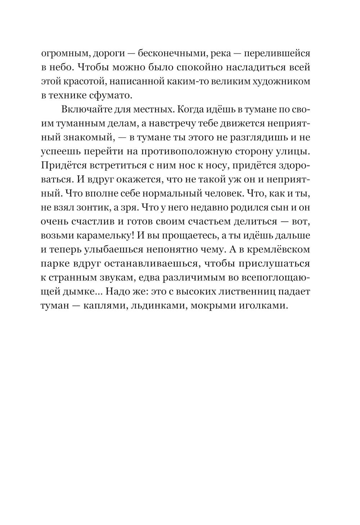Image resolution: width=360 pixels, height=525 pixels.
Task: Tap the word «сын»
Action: (x=270, y=207)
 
